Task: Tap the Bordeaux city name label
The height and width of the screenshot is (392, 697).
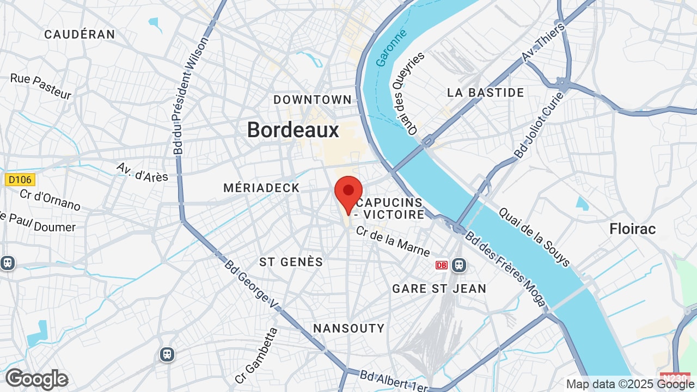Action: [293, 130]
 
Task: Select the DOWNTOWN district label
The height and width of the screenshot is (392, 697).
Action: [313, 100]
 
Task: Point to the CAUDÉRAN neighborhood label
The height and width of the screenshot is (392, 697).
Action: [80, 34]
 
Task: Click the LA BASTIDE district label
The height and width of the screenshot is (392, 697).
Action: [486, 93]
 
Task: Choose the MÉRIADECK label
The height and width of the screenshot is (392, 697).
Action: [261, 188]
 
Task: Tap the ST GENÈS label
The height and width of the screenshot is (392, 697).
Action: [291, 262]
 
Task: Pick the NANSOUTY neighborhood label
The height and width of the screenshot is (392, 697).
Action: [349, 328]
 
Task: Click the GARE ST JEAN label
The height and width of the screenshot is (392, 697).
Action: [439, 289]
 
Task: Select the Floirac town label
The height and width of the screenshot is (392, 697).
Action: [633, 229]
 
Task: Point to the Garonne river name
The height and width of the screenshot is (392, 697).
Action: [392, 48]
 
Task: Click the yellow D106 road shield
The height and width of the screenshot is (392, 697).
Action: [20, 179]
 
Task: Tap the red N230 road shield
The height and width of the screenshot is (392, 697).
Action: [675, 377]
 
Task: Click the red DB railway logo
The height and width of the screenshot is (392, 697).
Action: [442, 265]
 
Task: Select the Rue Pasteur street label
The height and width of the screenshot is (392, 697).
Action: [41, 87]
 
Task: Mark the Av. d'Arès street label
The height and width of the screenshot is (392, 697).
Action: [142, 171]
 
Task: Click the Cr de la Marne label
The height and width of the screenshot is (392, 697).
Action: [393, 241]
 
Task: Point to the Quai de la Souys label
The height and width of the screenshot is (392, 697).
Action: [534, 237]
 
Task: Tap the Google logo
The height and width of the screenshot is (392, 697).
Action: [36, 379]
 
